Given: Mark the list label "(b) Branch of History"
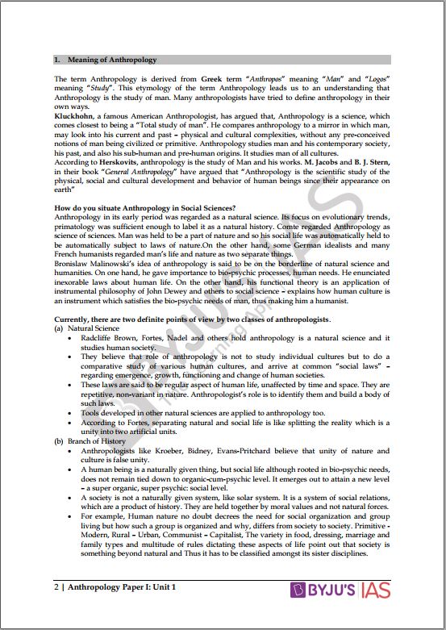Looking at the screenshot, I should click(x=90, y=442).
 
